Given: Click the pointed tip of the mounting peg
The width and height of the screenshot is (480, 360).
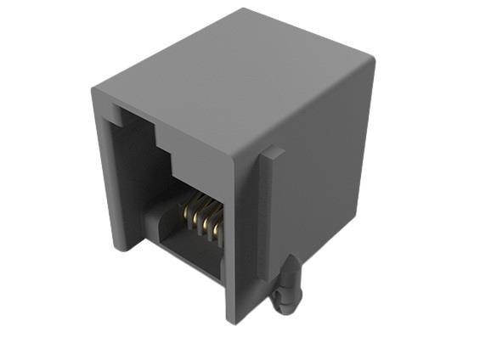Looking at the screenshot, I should [x=291, y=258].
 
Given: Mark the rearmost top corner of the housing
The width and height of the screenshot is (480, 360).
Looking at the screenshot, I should [x=246, y=9].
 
